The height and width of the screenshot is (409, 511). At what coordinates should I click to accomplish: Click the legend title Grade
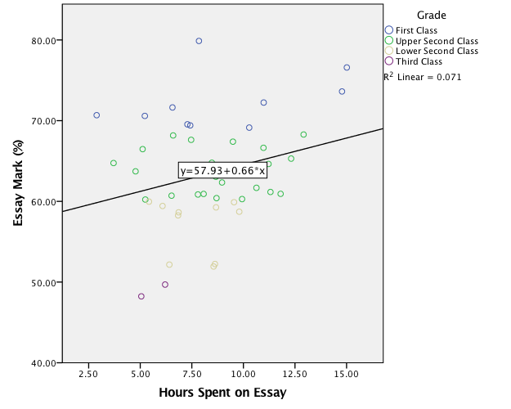pos(431,16)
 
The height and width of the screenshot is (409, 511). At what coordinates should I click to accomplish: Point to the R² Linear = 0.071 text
pos(423,78)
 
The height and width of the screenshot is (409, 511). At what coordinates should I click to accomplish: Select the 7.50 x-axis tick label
pos(191,374)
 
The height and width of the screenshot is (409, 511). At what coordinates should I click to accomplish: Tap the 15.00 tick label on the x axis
pos(346,374)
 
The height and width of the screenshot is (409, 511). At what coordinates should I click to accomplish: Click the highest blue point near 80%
pos(199,41)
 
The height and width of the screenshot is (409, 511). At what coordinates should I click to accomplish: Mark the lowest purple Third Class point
pos(141,297)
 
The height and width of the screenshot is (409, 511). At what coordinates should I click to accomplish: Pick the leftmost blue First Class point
pos(96,115)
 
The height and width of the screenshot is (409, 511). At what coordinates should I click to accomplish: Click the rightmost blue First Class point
pos(347,68)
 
